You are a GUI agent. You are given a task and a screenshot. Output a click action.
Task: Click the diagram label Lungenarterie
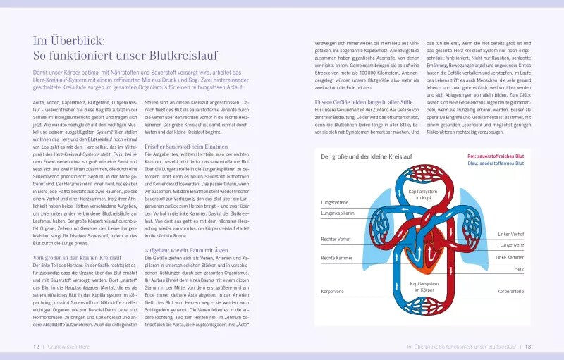point(336,201)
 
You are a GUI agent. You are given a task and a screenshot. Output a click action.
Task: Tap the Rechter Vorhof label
point(336,240)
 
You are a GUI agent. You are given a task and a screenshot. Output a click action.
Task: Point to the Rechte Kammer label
point(337,258)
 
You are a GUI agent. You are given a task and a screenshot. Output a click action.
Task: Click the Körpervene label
point(333,290)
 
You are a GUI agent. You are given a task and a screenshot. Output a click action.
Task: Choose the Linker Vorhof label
point(510,233)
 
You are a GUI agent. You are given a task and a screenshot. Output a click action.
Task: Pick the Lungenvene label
point(512,244)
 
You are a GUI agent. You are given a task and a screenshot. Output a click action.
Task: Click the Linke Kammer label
point(510,257)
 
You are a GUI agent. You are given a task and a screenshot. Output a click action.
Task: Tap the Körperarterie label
point(510,290)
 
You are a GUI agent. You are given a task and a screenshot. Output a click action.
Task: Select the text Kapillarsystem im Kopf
point(423,194)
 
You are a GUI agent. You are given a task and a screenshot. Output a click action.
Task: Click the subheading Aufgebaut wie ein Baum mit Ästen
point(185,250)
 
